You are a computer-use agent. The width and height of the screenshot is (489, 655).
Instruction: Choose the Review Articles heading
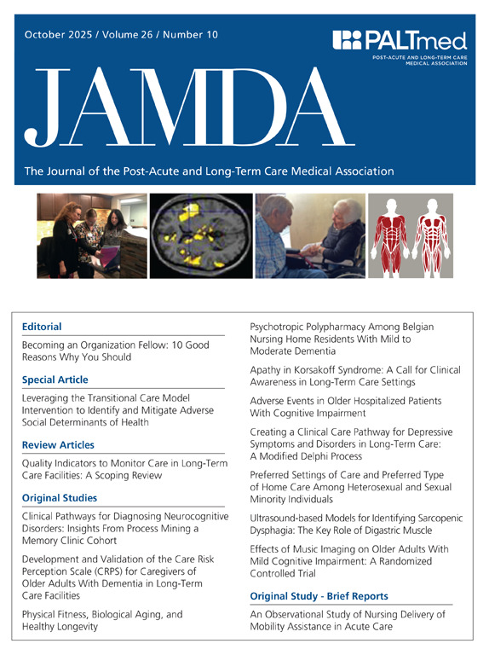[x=58, y=444]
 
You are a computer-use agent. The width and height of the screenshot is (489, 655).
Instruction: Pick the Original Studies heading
[x=60, y=497]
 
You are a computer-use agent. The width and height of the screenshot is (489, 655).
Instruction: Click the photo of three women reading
[x=92, y=236]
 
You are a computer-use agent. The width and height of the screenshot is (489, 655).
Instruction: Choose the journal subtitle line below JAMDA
[x=209, y=171]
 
